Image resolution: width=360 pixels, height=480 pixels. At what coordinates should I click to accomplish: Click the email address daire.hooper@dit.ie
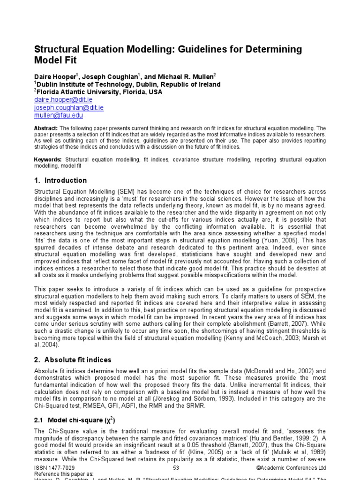[x=63, y=100]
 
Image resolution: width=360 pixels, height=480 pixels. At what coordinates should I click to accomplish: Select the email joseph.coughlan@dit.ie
[x=69, y=107]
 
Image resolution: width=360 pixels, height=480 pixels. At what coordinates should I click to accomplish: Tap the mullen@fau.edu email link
[x=59, y=115]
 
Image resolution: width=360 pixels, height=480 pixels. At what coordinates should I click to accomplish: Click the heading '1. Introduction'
[x=60, y=180]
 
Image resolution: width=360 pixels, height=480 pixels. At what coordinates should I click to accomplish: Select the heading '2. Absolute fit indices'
[x=73, y=360]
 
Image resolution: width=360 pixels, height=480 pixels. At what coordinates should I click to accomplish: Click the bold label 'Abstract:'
[x=46, y=128]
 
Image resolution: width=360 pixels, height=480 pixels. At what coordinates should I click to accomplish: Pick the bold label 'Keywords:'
[x=48, y=160]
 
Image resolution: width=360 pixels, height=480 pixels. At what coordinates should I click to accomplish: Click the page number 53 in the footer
[x=176, y=468]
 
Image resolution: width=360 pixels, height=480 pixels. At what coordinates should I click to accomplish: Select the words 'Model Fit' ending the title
[x=55, y=60]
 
